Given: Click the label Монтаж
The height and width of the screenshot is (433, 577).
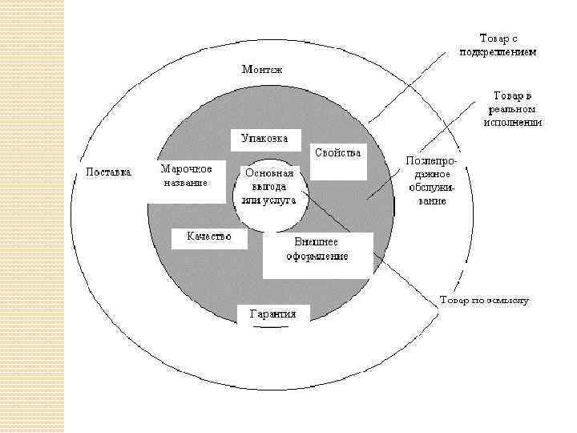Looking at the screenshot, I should [x=262, y=70].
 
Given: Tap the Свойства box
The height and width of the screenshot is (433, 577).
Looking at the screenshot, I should [x=338, y=153].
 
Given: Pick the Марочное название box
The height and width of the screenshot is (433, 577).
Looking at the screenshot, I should [x=187, y=176].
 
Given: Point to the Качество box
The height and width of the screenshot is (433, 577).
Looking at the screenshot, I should [x=209, y=237].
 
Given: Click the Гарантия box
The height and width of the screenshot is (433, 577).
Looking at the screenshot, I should [x=272, y=314].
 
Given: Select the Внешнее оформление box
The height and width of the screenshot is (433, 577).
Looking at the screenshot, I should [x=317, y=249].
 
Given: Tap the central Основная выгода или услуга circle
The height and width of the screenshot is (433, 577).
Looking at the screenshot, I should [x=269, y=195].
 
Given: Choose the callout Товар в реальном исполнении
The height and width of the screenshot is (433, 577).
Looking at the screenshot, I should [x=512, y=109].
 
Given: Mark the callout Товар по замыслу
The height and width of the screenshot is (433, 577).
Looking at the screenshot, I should [x=484, y=301].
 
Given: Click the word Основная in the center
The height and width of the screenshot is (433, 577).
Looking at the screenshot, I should [x=269, y=172].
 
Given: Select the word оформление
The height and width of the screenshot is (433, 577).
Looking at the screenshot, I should [x=317, y=257].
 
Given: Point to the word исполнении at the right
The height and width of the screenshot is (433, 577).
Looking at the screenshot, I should [x=512, y=123].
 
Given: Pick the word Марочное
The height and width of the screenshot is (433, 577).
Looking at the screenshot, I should [x=187, y=168].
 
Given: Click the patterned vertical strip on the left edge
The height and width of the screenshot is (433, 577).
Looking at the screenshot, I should [x=32, y=216].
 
